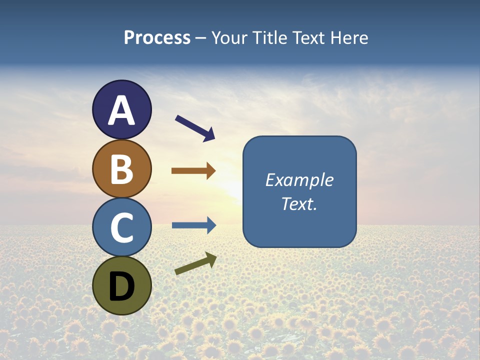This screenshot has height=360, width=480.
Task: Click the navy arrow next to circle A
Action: coord(195,128)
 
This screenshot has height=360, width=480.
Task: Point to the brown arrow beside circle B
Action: coord(193,171)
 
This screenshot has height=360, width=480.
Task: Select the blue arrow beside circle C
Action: coord(194,225)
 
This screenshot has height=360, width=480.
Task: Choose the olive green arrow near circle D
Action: coord(195,264)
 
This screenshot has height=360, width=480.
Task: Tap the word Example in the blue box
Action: coord(299,180)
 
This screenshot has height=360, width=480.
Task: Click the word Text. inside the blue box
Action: coord(299,203)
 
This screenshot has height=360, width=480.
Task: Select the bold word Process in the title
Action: coord(157,38)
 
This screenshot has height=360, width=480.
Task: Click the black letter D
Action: coord(121,286)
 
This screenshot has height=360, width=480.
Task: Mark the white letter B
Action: coord(121,169)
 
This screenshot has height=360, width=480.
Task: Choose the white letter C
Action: coord(121,228)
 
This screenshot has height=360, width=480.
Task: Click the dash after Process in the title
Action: coord(201,38)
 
